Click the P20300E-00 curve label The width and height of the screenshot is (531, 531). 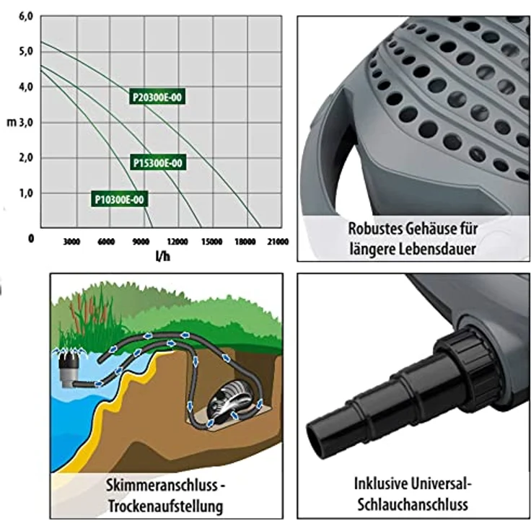[157, 97]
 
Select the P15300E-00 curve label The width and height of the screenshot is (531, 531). [158, 163]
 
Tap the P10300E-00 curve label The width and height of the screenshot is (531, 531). [120, 199]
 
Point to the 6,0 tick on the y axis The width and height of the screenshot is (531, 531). [26, 17]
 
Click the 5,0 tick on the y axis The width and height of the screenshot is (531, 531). [26, 51]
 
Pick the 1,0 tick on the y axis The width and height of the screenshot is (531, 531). [26, 193]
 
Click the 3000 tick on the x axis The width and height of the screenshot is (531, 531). [72, 242]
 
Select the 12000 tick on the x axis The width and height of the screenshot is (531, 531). [177, 242]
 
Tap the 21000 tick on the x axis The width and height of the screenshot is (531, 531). [278, 242]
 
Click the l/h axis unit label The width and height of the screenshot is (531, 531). [163, 256]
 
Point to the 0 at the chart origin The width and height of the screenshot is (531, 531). [31, 238]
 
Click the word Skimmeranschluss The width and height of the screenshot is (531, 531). [162, 485]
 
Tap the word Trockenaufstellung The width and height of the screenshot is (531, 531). [166, 506]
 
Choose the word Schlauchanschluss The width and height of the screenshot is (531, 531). [413, 504]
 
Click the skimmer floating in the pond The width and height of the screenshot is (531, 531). [70, 369]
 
